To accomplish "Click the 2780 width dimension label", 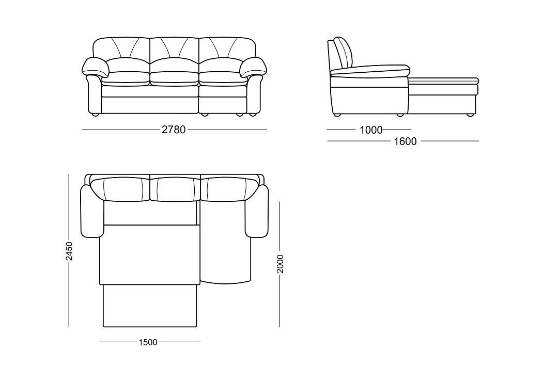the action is pyautogui.click(x=174, y=130).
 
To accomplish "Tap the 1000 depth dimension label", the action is pyautogui.click(x=371, y=130).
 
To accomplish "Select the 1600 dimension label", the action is pyautogui.click(x=405, y=141).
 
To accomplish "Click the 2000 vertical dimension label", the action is pyautogui.click(x=281, y=264).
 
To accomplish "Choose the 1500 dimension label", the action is pyautogui.click(x=148, y=342).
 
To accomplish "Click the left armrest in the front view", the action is pyautogui.click(x=95, y=86).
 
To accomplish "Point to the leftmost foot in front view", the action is pyautogui.click(x=95, y=115).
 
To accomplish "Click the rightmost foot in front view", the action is pyautogui.click(x=253, y=115).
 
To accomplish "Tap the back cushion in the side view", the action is pyautogui.click(x=344, y=53).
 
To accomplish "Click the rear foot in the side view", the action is pyautogui.click(x=336, y=115).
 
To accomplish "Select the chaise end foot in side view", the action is pyautogui.click(x=470, y=115).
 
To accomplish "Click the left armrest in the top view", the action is pyautogui.click(x=92, y=212).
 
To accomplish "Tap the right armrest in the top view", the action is pyautogui.click(x=257, y=212).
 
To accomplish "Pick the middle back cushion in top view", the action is pyautogui.click(x=176, y=189).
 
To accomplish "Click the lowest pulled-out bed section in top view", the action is pyautogui.click(x=150, y=306).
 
